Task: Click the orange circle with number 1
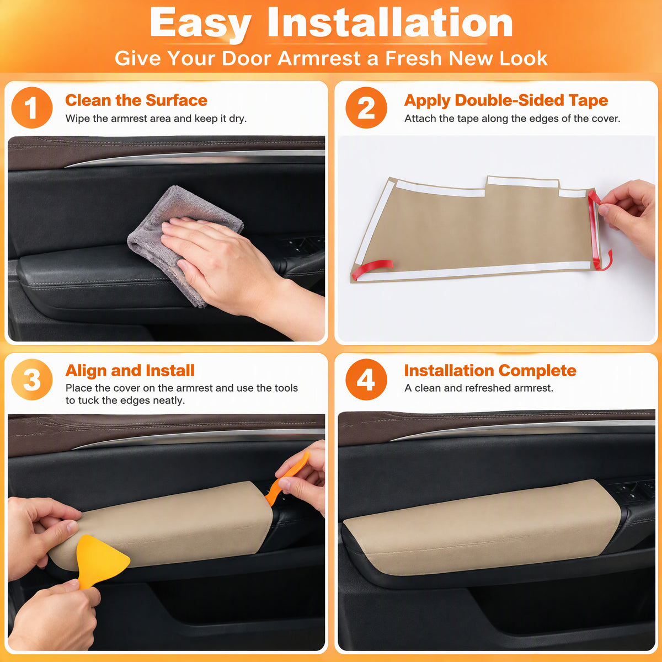point(31,108)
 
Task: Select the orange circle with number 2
point(366,108)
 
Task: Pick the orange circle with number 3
point(31,379)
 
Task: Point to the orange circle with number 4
point(366,379)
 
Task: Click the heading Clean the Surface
point(136,100)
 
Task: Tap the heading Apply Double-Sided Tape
point(506,100)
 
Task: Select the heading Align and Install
point(130,370)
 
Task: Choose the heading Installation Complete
point(490,370)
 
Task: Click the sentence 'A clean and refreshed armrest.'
point(479,388)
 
